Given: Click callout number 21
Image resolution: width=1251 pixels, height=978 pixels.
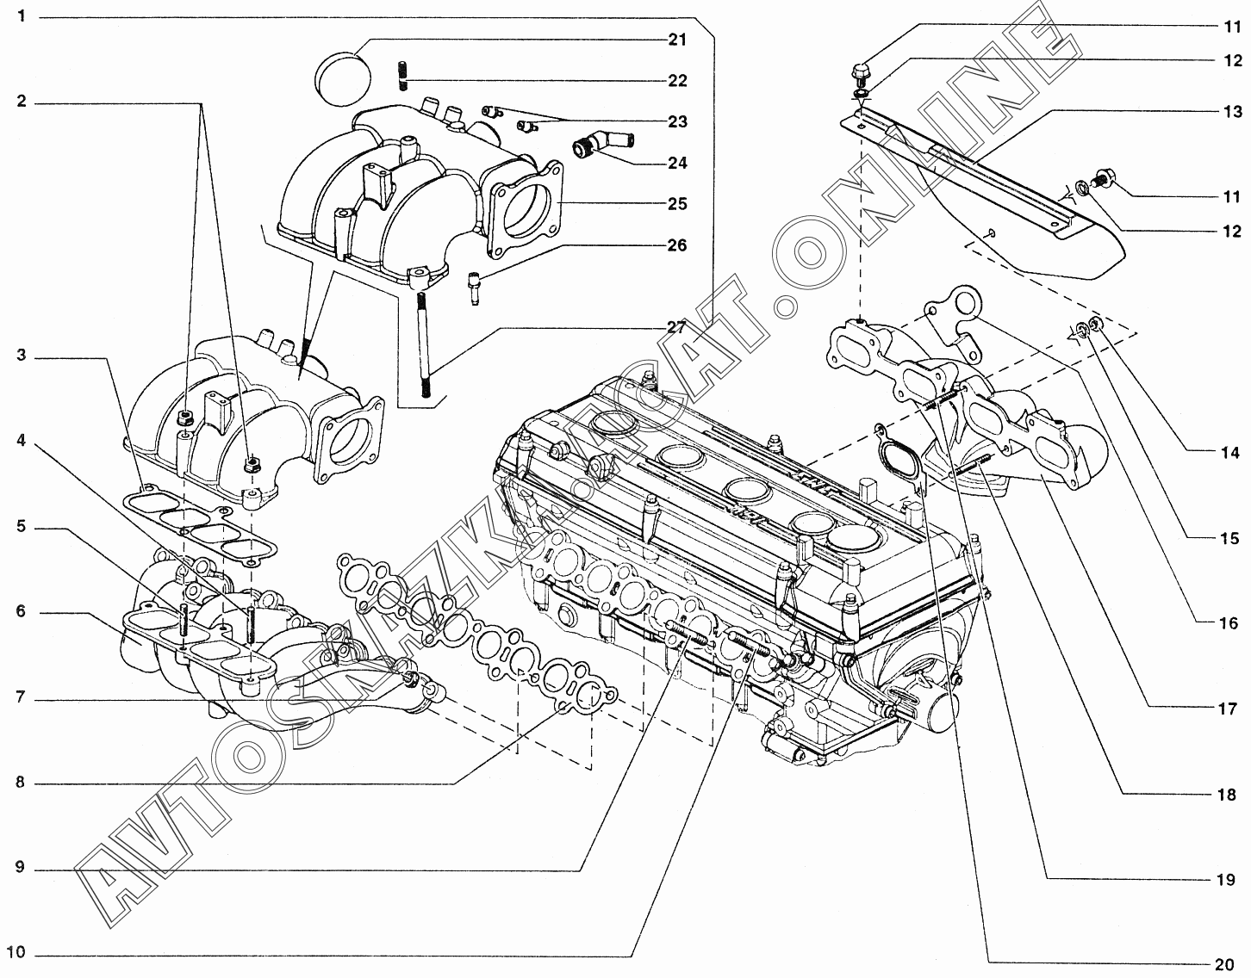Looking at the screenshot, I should [677, 40].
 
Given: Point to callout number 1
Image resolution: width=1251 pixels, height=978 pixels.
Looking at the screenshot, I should [21, 16].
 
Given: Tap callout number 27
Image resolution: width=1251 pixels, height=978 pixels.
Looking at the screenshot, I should [677, 327].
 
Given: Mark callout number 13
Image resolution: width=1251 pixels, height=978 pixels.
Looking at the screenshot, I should [1232, 112].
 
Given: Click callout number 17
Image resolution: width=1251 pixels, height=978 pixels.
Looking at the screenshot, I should [1227, 709].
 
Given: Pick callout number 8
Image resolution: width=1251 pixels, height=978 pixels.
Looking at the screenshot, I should [21, 783].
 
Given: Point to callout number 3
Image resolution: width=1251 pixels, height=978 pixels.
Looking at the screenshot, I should [21, 355].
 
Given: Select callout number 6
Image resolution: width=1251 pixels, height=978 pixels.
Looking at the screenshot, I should [21, 612].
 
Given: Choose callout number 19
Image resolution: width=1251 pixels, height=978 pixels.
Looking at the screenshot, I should [1227, 880].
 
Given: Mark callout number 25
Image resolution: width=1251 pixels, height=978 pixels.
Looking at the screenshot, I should [677, 204].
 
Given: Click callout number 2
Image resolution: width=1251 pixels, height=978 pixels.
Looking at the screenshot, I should [21, 102].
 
